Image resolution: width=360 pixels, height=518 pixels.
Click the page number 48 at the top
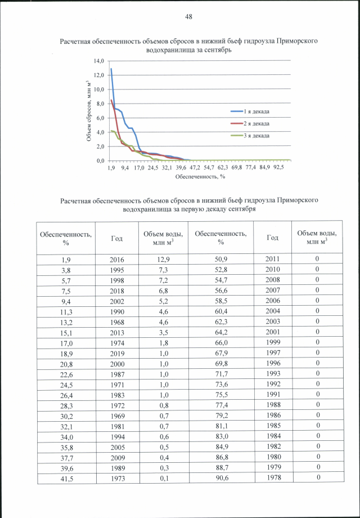pyautogui.click(x=189, y=17)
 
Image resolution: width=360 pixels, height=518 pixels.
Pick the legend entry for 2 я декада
pyautogui.click(x=256, y=123)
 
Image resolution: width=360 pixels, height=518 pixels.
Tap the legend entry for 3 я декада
pyautogui.click(x=256, y=135)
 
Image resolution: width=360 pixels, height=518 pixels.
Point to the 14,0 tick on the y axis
pyautogui.click(x=99, y=61)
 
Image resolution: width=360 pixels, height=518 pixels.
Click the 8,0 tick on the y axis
pyautogui.click(x=100, y=104)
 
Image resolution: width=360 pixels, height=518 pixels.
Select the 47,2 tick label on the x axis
pyautogui.click(x=195, y=167)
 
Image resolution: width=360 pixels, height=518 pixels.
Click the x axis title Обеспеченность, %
pyautogui.click(x=200, y=176)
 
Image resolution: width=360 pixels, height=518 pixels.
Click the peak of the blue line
pyautogui.click(x=111, y=69)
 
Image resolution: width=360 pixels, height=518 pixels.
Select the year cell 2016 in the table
pyautogui.click(x=116, y=260)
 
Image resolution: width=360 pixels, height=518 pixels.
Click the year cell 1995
pyautogui.click(x=116, y=270)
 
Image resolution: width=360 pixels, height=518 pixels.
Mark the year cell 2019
pyautogui.click(x=116, y=358)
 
